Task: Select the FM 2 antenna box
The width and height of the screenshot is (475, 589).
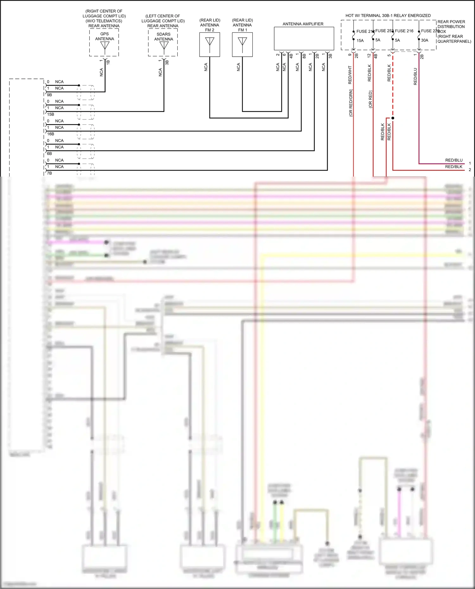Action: (x=210, y=45)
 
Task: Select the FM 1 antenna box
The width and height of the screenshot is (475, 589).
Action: (x=242, y=45)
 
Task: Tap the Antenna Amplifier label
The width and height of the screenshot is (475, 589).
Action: (x=303, y=24)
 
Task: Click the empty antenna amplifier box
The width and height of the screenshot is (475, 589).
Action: (x=304, y=38)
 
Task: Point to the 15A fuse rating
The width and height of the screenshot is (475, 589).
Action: (x=360, y=41)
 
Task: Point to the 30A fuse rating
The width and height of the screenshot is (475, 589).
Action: (x=425, y=40)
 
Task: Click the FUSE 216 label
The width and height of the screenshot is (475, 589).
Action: (x=404, y=31)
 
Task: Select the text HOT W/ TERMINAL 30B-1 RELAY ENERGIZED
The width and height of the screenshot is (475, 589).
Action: (x=388, y=16)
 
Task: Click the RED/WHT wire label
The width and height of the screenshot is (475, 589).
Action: (x=350, y=75)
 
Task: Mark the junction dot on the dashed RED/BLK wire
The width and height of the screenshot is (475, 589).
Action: (x=393, y=118)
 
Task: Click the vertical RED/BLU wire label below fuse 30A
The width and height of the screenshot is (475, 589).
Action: (x=415, y=76)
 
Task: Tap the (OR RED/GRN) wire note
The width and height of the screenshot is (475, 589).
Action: (x=351, y=103)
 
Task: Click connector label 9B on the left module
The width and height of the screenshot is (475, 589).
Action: (x=49, y=95)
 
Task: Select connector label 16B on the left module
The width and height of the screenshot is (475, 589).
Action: (x=51, y=134)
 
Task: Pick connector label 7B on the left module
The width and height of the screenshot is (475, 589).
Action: (x=49, y=173)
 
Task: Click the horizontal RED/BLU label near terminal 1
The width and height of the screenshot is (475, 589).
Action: (x=454, y=160)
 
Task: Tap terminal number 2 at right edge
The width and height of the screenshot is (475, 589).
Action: (x=470, y=170)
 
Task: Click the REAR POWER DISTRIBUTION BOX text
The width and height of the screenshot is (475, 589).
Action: (x=451, y=27)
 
